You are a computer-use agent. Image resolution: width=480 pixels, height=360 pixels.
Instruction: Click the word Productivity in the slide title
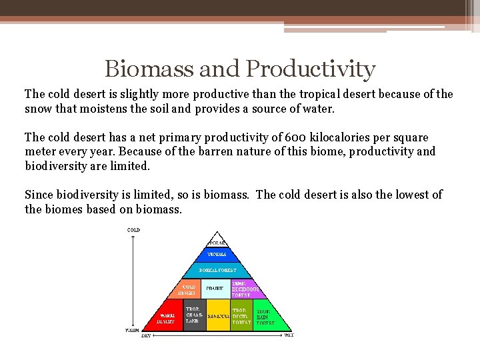click(311, 68)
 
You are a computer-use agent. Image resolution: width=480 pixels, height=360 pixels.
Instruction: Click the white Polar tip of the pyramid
click(217, 243)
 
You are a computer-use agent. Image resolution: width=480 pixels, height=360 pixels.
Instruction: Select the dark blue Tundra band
click(217, 255)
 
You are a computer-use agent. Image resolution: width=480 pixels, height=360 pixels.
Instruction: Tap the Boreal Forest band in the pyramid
click(217, 271)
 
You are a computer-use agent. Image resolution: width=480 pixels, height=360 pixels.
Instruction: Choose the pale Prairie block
click(215, 289)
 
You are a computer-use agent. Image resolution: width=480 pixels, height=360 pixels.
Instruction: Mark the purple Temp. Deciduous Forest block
click(243, 289)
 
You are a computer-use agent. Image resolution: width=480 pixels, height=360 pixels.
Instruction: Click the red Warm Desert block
click(165, 317)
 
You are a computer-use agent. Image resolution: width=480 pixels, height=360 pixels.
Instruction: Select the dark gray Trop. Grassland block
click(194, 316)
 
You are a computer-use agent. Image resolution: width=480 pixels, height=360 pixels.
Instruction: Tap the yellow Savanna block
click(219, 316)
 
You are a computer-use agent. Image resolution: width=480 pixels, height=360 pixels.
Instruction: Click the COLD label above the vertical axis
click(133, 230)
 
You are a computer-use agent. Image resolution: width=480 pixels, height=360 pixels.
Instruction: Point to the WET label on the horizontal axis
click(289, 335)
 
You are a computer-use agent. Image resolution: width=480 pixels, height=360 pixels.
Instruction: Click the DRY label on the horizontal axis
click(146, 335)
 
